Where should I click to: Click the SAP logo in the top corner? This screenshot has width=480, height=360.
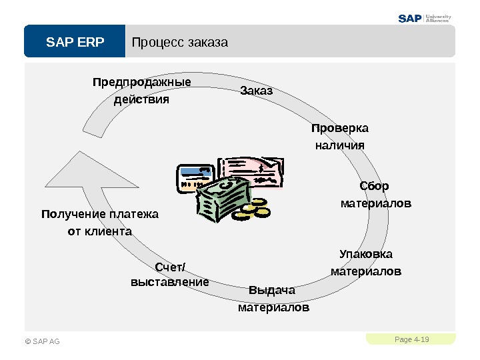pyautogui.click(x=411, y=18)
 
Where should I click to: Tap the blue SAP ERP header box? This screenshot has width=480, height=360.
pyautogui.click(x=75, y=43)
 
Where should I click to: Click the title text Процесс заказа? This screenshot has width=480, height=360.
pyautogui.click(x=180, y=43)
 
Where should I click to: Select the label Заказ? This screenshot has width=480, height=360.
pyautogui.click(x=256, y=90)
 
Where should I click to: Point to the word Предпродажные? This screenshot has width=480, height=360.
pyautogui.click(x=141, y=82)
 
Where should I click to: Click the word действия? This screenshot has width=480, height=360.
pyautogui.click(x=142, y=100)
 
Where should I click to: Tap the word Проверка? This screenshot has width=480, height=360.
pyautogui.click(x=340, y=127)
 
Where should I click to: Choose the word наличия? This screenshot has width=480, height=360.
pyautogui.click(x=339, y=145)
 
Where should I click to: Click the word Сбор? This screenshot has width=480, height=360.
pyautogui.click(x=375, y=185)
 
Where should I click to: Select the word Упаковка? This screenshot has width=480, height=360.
pyautogui.click(x=366, y=254)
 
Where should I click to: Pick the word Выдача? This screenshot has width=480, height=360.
pyautogui.click(x=271, y=291)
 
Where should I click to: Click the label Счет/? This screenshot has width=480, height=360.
pyautogui.click(x=171, y=267)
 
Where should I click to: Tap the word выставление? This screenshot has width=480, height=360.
pyautogui.click(x=170, y=282)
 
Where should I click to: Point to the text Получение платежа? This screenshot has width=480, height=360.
pyautogui.click(x=100, y=214)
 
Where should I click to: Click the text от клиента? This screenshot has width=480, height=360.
pyautogui.click(x=100, y=231)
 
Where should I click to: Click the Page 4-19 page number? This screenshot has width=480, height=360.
pyautogui.click(x=411, y=340)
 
